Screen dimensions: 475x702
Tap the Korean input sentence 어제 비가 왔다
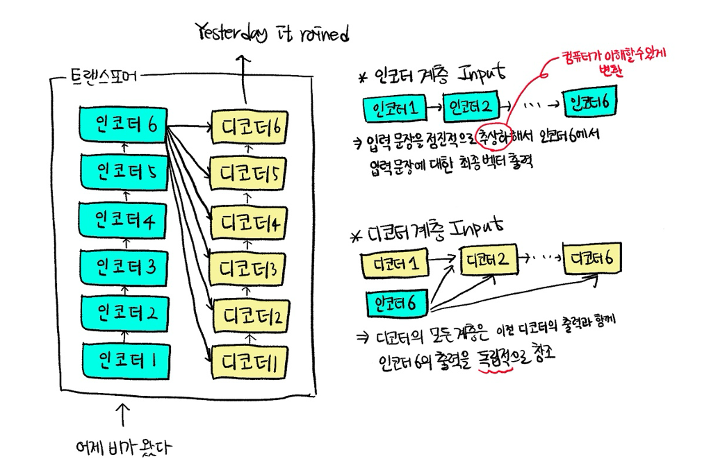pos(123,448)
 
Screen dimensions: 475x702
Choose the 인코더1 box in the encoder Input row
pos(392,109)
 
